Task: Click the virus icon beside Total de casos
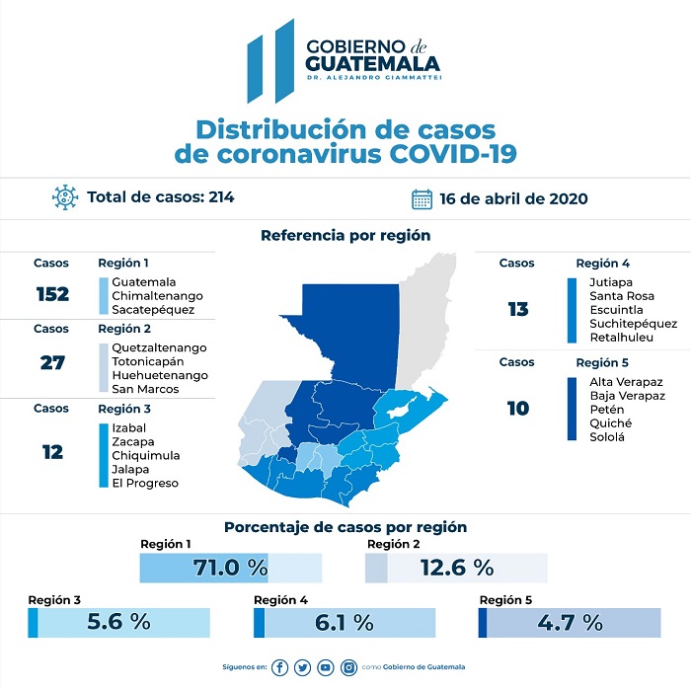coord(65,197)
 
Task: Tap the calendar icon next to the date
coord(422,198)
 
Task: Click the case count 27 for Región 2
coord(52,362)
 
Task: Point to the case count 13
coord(518,310)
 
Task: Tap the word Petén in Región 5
coord(606,409)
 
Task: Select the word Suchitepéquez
coord(633,323)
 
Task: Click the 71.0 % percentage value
coord(231,568)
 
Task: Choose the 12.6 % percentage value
coord(456,568)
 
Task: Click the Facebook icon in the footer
coord(280,667)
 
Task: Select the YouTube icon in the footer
coord(326,667)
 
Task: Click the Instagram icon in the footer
coord(348,667)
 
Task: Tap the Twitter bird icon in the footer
coord(302,667)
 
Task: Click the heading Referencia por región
coord(345,235)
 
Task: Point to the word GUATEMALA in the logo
coord(373,62)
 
